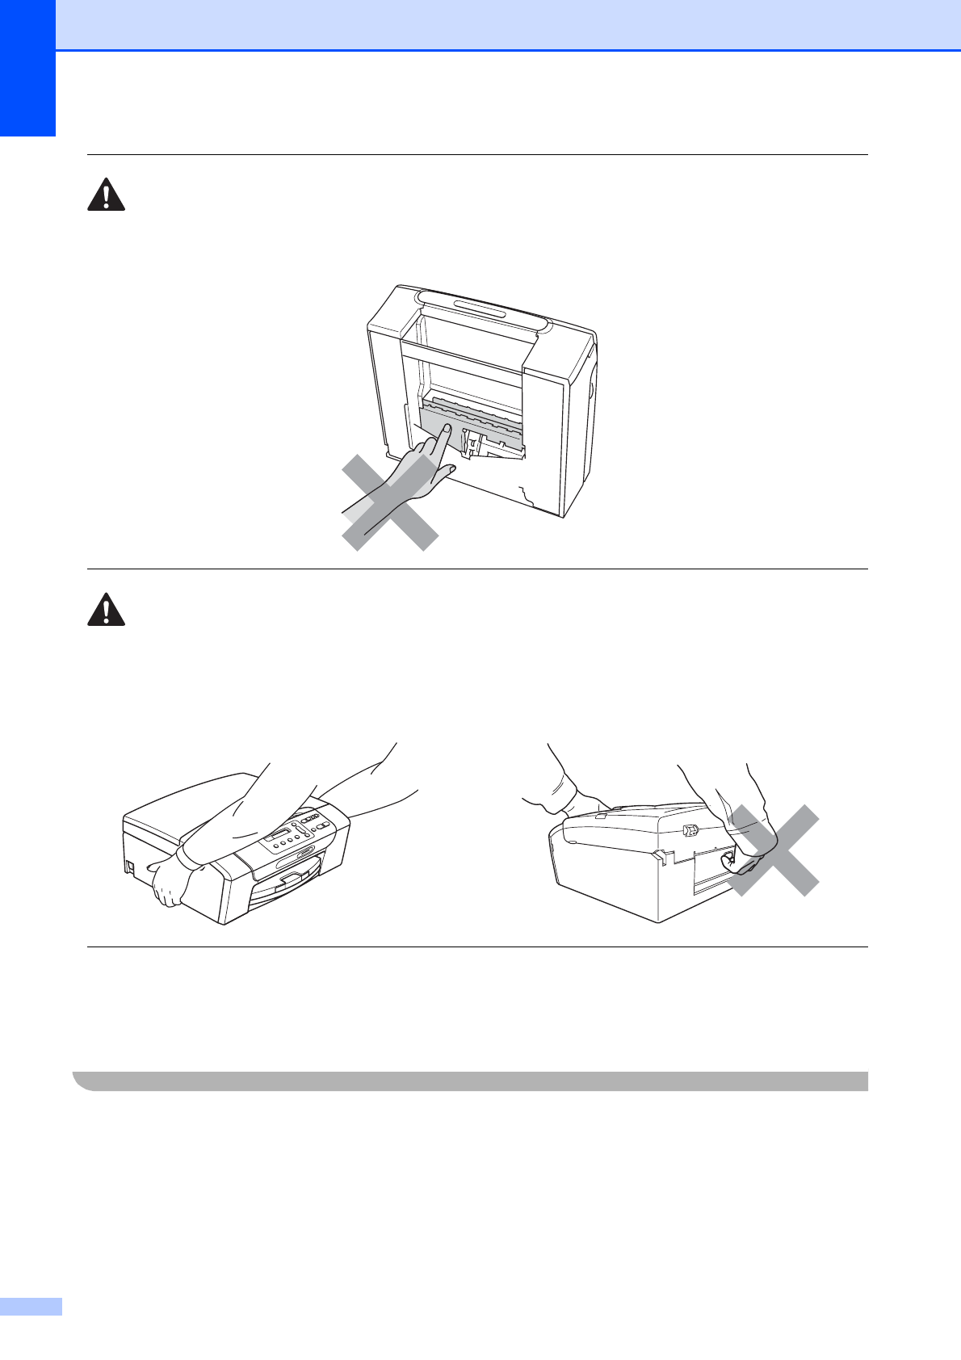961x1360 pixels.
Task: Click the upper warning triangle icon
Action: [106, 195]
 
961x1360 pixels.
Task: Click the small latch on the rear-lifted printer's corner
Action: [690, 829]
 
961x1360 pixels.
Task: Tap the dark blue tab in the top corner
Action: [27, 68]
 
